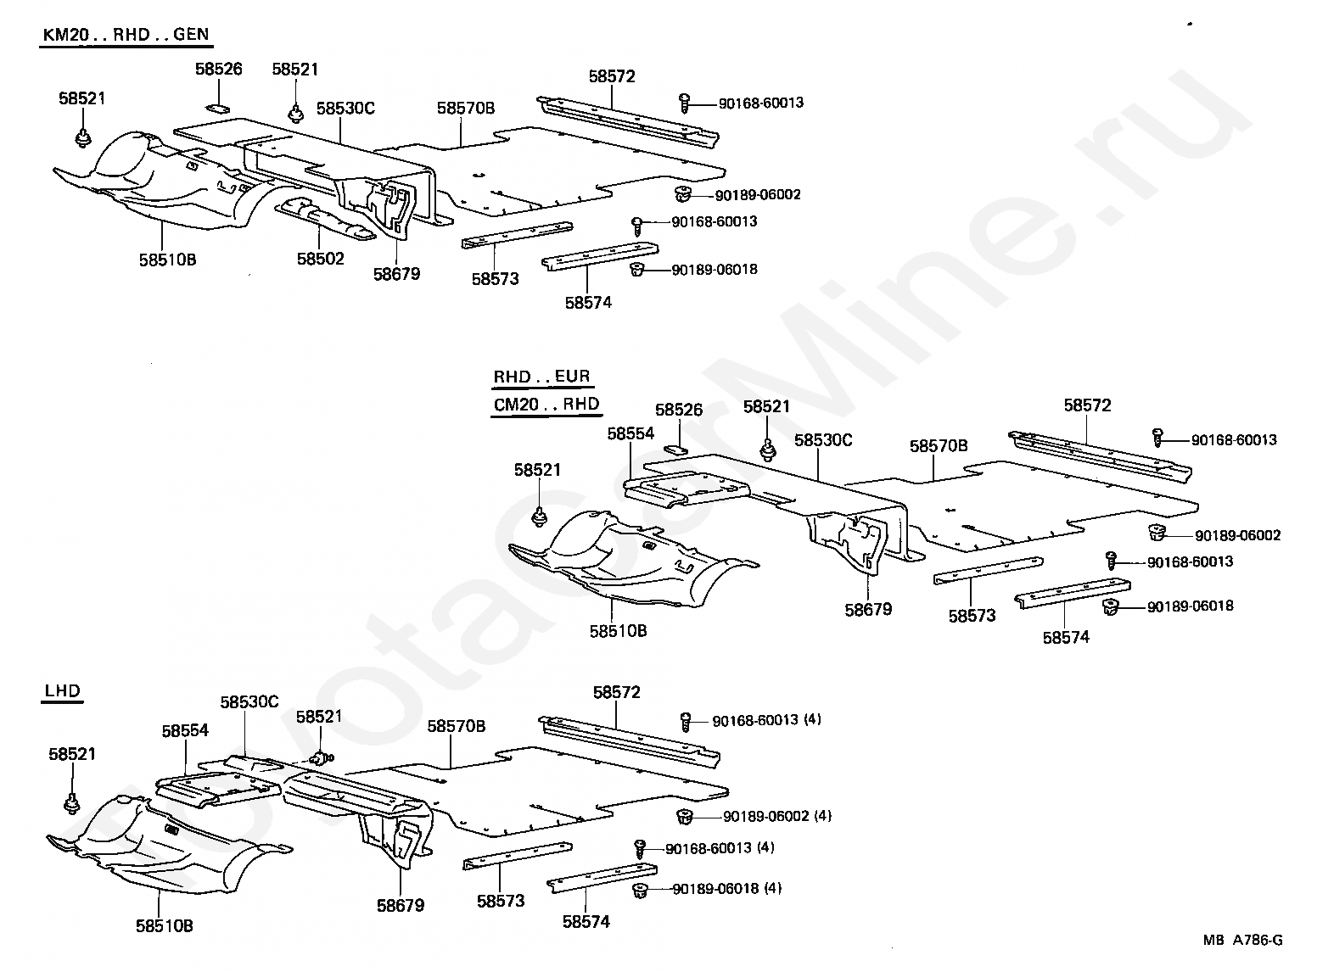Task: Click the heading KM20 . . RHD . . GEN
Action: click(x=126, y=35)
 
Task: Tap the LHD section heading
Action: click(x=62, y=690)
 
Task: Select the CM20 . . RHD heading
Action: click(x=546, y=405)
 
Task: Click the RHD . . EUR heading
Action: click(x=541, y=377)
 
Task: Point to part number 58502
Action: click(x=321, y=259)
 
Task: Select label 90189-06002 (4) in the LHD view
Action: click(x=777, y=817)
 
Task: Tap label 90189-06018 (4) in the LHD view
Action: click(x=726, y=889)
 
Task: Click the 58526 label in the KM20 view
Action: click(x=219, y=69)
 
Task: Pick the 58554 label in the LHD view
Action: click(x=185, y=731)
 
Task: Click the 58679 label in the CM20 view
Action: click(x=868, y=610)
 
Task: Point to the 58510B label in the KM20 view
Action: click(x=167, y=260)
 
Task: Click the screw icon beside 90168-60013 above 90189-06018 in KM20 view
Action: click(x=637, y=226)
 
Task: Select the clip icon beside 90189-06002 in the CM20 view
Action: click(x=1156, y=533)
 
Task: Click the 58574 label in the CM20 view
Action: click(x=1066, y=638)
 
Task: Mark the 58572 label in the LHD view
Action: click(x=616, y=692)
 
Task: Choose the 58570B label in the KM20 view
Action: click(x=466, y=108)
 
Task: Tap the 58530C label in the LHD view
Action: click(x=249, y=702)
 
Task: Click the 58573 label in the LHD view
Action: click(x=501, y=902)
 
